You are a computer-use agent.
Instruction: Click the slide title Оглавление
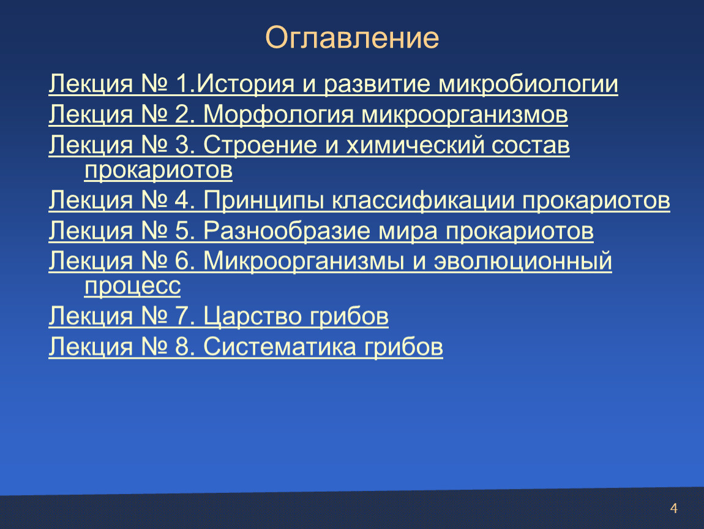(x=352, y=38)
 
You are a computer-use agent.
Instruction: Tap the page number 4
(x=673, y=508)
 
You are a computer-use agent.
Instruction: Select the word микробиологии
(x=528, y=84)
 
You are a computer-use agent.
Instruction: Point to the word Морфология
(x=279, y=115)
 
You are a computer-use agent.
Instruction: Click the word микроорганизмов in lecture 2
(x=465, y=116)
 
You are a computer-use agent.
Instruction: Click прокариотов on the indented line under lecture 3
(x=159, y=171)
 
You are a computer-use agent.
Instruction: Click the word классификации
(x=424, y=200)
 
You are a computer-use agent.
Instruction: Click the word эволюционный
(x=523, y=261)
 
